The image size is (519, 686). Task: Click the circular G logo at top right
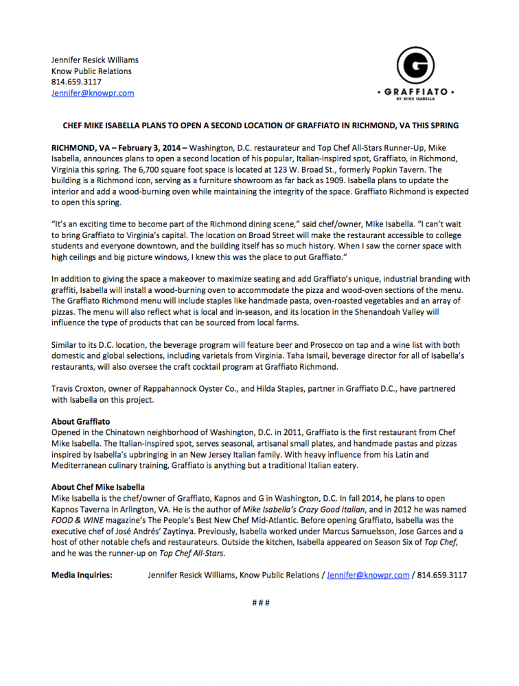pyautogui.click(x=415, y=64)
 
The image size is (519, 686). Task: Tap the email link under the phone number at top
pyautogui.click(x=93, y=93)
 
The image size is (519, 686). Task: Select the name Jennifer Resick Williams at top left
pyautogui.click(x=95, y=60)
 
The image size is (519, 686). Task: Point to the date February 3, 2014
pyautogui.click(x=148, y=148)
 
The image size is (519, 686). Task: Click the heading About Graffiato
pyautogui.click(x=80, y=421)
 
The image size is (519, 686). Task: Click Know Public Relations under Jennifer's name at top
pyautogui.click(x=91, y=71)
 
